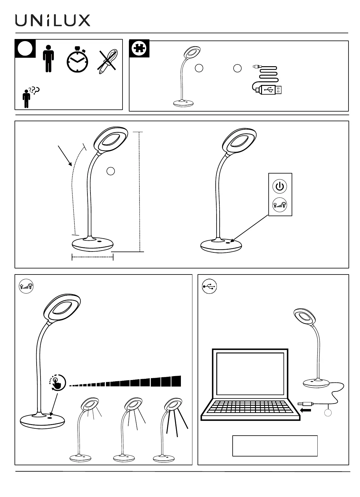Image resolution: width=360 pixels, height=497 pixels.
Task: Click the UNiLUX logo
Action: point(53,21)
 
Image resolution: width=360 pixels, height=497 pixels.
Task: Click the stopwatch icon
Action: point(77,60)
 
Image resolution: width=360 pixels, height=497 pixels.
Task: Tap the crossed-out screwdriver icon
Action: point(107,61)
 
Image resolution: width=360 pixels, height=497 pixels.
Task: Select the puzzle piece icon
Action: point(139,48)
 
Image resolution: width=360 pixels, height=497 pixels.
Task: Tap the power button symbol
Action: point(280,186)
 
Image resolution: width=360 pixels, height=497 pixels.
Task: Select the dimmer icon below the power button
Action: point(280,205)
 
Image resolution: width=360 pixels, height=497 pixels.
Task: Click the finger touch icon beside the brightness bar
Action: point(57,382)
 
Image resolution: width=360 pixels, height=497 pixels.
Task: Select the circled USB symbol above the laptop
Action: point(209,287)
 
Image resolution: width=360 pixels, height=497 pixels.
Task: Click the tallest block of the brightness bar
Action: point(176,381)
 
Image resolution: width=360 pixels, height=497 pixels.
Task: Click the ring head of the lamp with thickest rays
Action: point(173,404)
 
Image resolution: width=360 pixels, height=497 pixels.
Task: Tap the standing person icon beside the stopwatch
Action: point(48,59)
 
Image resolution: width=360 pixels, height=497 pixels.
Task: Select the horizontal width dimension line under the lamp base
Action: point(93,257)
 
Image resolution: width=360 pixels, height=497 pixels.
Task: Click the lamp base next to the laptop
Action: point(316,383)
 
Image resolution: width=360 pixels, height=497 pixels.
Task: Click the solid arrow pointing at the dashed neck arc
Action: point(65,156)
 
